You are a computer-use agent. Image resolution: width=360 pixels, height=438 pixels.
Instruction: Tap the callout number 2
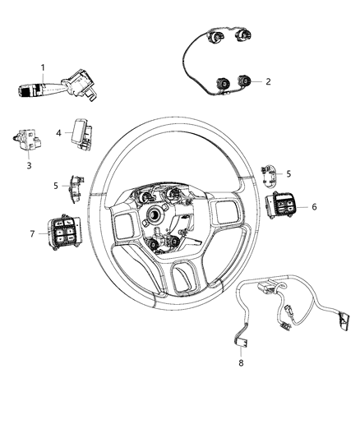(267, 81)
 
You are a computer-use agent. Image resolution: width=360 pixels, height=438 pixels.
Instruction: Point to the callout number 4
(58, 132)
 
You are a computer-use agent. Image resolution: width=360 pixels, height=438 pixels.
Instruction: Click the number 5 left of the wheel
(57, 186)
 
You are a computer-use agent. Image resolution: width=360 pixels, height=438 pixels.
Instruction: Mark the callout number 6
(313, 207)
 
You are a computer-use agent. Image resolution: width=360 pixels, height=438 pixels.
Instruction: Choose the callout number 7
(33, 233)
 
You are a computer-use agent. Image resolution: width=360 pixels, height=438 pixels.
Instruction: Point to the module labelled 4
(81, 132)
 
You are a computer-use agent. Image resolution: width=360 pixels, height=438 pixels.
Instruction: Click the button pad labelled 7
(64, 234)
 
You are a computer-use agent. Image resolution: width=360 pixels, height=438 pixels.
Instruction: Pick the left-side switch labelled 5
(76, 187)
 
